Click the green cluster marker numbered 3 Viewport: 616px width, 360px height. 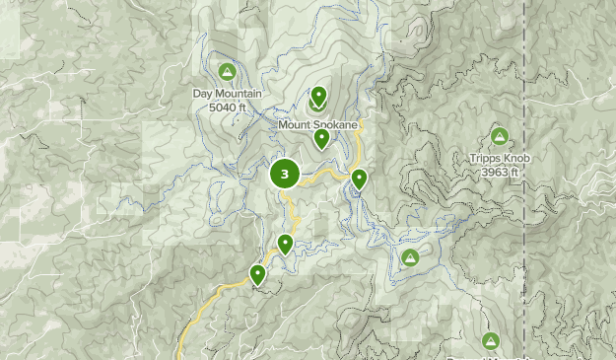pos(285,175)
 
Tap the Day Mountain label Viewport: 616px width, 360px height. pos(228,95)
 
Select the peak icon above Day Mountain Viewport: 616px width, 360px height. pos(228,72)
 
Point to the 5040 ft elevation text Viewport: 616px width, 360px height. pos(228,108)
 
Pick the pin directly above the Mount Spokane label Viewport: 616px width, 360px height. pos(318,98)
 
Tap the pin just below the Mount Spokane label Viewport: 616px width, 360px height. pos(321,139)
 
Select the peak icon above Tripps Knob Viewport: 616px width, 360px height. pos(499,137)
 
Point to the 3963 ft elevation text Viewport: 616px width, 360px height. pos(500,173)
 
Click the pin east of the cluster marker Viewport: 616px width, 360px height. pos(359,179)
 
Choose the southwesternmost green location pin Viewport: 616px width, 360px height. pos(257,274)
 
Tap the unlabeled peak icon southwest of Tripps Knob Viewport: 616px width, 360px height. pos(410,258)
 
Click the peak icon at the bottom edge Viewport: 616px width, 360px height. pos(491,341)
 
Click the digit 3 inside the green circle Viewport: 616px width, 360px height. pos(285,175)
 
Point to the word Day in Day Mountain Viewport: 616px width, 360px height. pos(203,95)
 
